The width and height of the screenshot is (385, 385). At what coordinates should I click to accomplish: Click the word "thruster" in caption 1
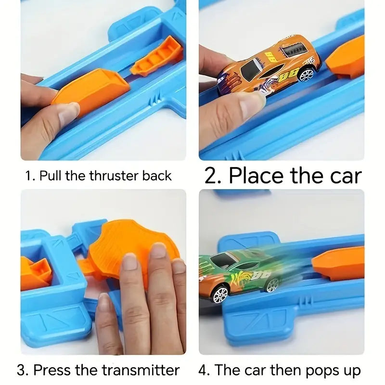point(114,176)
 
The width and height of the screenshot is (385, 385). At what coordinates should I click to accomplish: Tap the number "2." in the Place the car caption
point(214,176)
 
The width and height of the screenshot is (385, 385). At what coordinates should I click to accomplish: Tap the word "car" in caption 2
point(343,176)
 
